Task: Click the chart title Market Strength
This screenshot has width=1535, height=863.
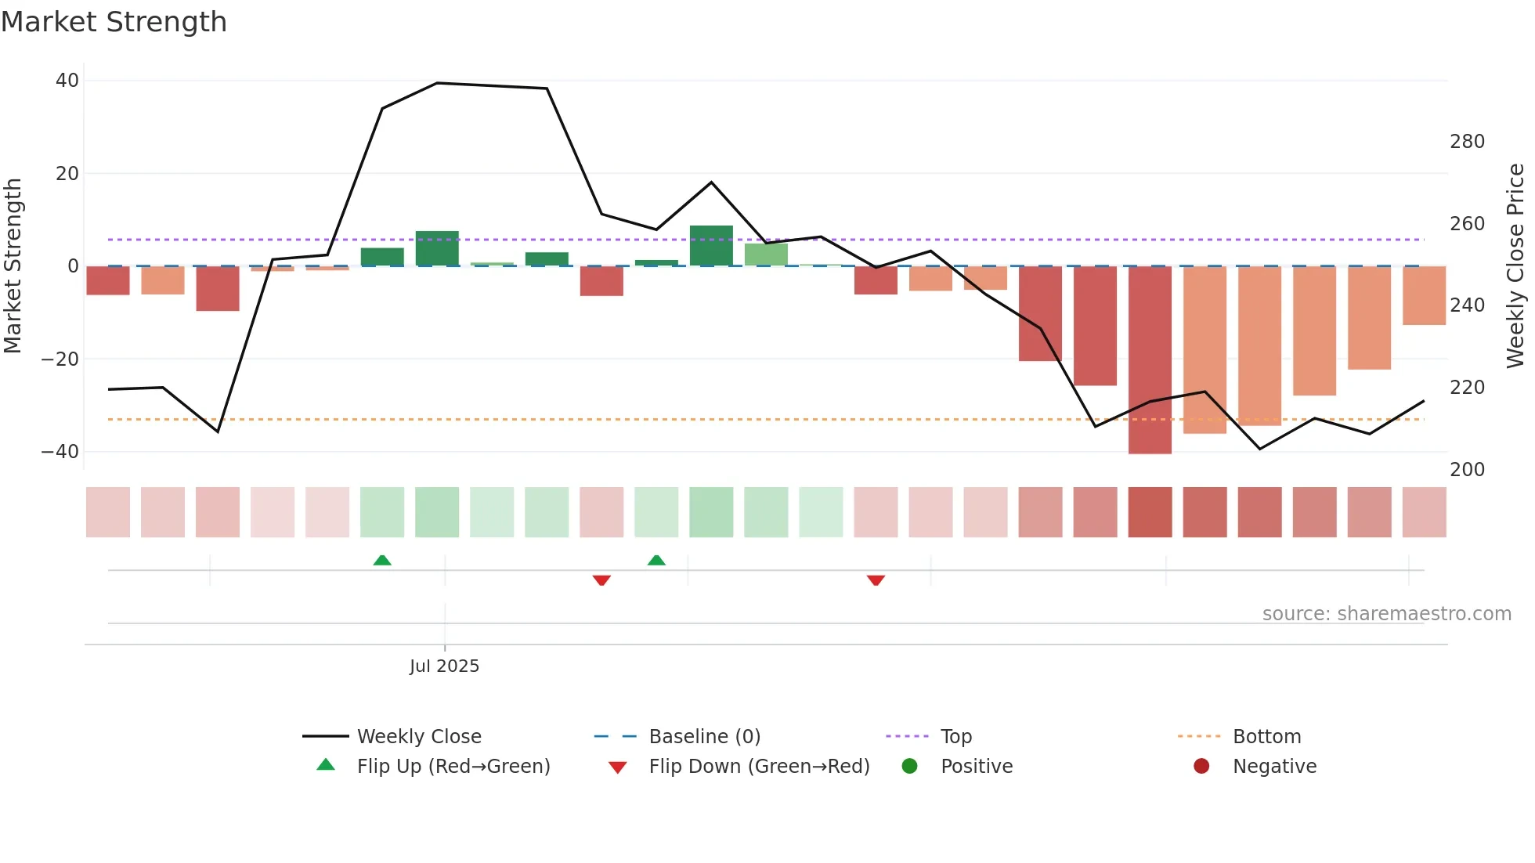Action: tap(114, 22)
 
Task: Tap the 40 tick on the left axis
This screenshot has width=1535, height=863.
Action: tap(67, 81)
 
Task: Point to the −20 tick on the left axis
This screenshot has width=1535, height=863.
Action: tap(60, 359)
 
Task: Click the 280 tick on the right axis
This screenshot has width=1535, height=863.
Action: tap(1467, 142)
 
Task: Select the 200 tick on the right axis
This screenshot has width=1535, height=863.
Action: tap(1467, 470)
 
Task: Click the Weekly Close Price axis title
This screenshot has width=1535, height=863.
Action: tap(1515, 266)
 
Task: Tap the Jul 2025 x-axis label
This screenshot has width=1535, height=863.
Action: tap(444, 666)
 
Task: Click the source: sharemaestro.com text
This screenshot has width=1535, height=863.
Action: tap(1386, 614)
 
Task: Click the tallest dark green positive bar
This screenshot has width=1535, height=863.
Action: tap(711, 246)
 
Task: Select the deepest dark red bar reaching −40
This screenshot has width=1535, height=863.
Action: tap(1150, 360)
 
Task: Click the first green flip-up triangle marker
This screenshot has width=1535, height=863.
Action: tap(382, 560)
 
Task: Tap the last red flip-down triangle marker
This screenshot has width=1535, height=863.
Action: tap(876, 580)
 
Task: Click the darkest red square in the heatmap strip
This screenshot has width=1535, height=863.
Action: tap(1150, 512)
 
